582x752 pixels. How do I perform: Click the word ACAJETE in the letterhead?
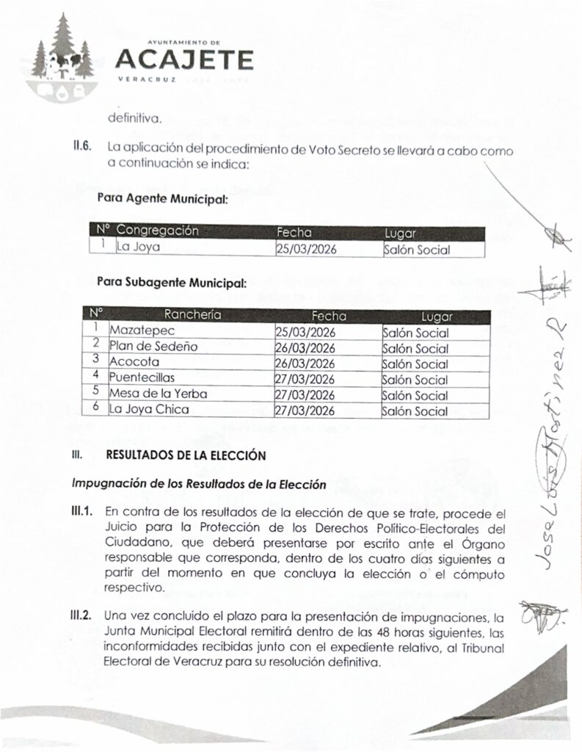185,59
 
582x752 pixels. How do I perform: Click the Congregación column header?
158,231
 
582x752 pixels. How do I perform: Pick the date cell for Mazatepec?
305,332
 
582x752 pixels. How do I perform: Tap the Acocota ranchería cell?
135,363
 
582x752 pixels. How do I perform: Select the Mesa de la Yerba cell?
158,394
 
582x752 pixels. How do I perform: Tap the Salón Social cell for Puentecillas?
415,379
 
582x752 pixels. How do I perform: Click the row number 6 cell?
96,410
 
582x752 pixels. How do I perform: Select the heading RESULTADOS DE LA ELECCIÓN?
185,455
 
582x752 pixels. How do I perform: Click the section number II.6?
81,146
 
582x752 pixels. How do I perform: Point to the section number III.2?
81,615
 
